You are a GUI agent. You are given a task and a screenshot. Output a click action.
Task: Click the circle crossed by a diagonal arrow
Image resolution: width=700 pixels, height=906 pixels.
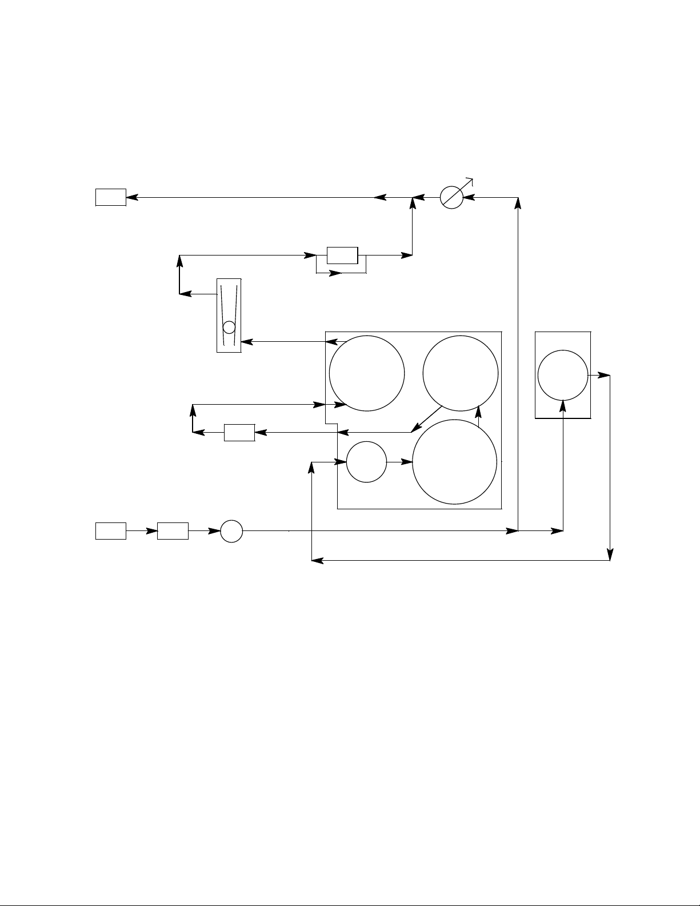(x=451, y=198)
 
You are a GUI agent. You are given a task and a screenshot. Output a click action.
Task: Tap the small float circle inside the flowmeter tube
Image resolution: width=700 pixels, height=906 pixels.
(x=229, y=327)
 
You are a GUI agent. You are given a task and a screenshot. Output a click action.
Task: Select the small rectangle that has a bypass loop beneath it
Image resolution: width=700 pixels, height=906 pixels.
(x=342, y=255)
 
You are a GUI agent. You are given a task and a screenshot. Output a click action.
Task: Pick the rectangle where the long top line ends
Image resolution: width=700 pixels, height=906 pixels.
(x=110, y=198)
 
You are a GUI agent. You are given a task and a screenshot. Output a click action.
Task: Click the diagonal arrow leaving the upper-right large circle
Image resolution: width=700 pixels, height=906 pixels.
(x=427, y=418)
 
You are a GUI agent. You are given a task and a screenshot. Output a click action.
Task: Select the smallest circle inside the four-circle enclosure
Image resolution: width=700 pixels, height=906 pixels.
(x=366, y=461)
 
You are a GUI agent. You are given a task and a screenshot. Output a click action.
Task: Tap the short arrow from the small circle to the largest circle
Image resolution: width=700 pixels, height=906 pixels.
(x=399, y=461)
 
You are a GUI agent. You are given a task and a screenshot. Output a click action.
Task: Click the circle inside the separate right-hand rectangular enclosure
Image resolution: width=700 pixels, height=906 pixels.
(x=563, y=375)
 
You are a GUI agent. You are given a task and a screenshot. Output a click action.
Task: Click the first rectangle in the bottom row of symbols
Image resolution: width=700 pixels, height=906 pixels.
(x=110, y=531)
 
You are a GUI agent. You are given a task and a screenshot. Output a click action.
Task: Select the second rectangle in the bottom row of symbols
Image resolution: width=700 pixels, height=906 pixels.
(x=173, y=531)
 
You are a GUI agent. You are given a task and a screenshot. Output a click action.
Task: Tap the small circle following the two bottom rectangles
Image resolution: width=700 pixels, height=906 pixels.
(x=231, y=531)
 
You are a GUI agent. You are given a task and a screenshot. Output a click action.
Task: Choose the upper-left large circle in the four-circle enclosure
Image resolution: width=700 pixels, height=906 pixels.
(x=367, y=373)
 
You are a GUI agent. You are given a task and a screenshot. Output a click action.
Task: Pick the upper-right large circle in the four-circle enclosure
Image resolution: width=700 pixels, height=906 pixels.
(x=461, y=373)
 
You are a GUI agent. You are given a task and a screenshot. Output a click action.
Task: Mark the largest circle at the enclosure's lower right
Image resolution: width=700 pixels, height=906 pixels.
(x=455, y=462)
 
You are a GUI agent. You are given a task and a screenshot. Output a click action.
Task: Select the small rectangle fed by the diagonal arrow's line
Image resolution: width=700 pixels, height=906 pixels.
(x=239, y=433)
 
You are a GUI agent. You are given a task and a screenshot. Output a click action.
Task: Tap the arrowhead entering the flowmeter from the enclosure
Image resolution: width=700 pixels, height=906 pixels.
(x=246, y=342)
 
